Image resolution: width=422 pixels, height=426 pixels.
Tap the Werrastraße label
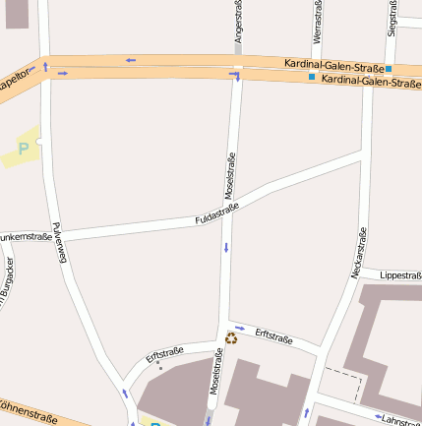(x=317, y=22)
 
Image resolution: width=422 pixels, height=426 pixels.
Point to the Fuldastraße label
(x=217, y=213)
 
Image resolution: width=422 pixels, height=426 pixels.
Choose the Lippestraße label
(x=399, y=276)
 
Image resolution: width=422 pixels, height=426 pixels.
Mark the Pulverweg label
(x=59, y=242)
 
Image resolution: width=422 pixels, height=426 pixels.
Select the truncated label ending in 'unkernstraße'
(x=26, y=237)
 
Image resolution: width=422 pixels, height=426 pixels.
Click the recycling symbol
(x=231, y=338)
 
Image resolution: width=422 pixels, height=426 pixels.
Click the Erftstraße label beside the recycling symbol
(x=273, y=336)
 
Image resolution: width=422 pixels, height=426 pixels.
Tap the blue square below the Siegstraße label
(x=390, y=68)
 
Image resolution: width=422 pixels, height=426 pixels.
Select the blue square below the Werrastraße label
(x=312, y=77)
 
